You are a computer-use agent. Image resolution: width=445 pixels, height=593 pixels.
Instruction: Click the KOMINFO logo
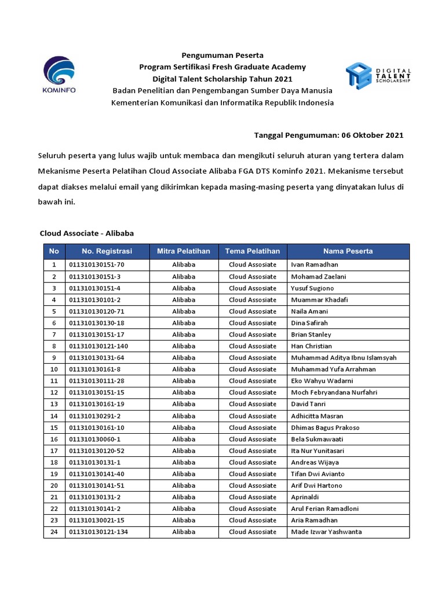tap(59, 75)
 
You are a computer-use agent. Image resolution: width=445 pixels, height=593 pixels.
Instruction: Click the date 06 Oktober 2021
tap(372, 136)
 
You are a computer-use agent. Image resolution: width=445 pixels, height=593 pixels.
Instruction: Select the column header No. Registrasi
tap(107, 251)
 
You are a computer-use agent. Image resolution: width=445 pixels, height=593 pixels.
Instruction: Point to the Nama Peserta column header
tap(348, 251)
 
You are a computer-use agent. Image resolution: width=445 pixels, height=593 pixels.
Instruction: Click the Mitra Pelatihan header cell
tap(184, 251)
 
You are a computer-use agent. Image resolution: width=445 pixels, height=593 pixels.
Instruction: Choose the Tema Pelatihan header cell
tap(253, 251)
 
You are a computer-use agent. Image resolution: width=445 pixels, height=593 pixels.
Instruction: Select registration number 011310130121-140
tap(97, 346)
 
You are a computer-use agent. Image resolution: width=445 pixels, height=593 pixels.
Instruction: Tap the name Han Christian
tap(311, 346)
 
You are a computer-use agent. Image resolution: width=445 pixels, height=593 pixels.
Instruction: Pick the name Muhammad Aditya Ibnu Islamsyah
tap(344, 358)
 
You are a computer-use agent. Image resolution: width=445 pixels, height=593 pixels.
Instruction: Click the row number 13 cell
tap(54, 404)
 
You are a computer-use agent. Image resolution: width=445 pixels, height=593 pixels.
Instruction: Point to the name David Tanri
tap(308, 404)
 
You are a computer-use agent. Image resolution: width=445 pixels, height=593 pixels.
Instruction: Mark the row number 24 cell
tap(54, 532)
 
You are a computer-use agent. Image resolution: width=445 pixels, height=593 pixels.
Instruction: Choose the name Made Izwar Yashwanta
tap(327, 532)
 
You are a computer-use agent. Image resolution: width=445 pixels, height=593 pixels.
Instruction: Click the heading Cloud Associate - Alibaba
tap(87, 233)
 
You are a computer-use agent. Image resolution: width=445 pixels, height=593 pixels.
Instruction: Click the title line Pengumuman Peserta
tap(222, 56)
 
